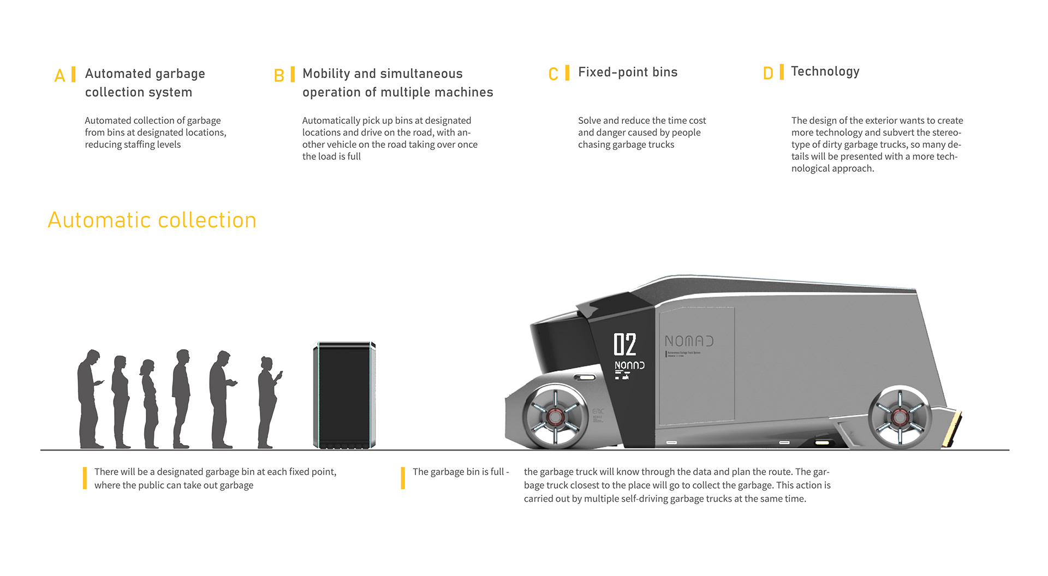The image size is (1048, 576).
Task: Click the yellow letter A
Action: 59,75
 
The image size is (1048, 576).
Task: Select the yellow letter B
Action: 279,75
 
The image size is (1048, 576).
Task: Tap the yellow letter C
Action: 553,74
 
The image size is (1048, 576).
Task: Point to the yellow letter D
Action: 768,73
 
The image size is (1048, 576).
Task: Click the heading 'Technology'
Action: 825,71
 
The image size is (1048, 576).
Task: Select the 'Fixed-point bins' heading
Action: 628,72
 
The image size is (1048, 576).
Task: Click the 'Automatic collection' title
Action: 152,220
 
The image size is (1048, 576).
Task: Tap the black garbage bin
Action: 344,395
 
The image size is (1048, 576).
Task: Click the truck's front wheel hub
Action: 555,417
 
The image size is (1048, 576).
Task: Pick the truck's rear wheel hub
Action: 899,417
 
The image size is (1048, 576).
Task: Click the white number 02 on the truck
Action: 624,345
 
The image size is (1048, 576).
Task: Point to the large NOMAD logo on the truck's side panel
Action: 689,341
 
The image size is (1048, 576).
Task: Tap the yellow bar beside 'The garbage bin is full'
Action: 403,478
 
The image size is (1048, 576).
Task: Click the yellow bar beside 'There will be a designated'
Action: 85,478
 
